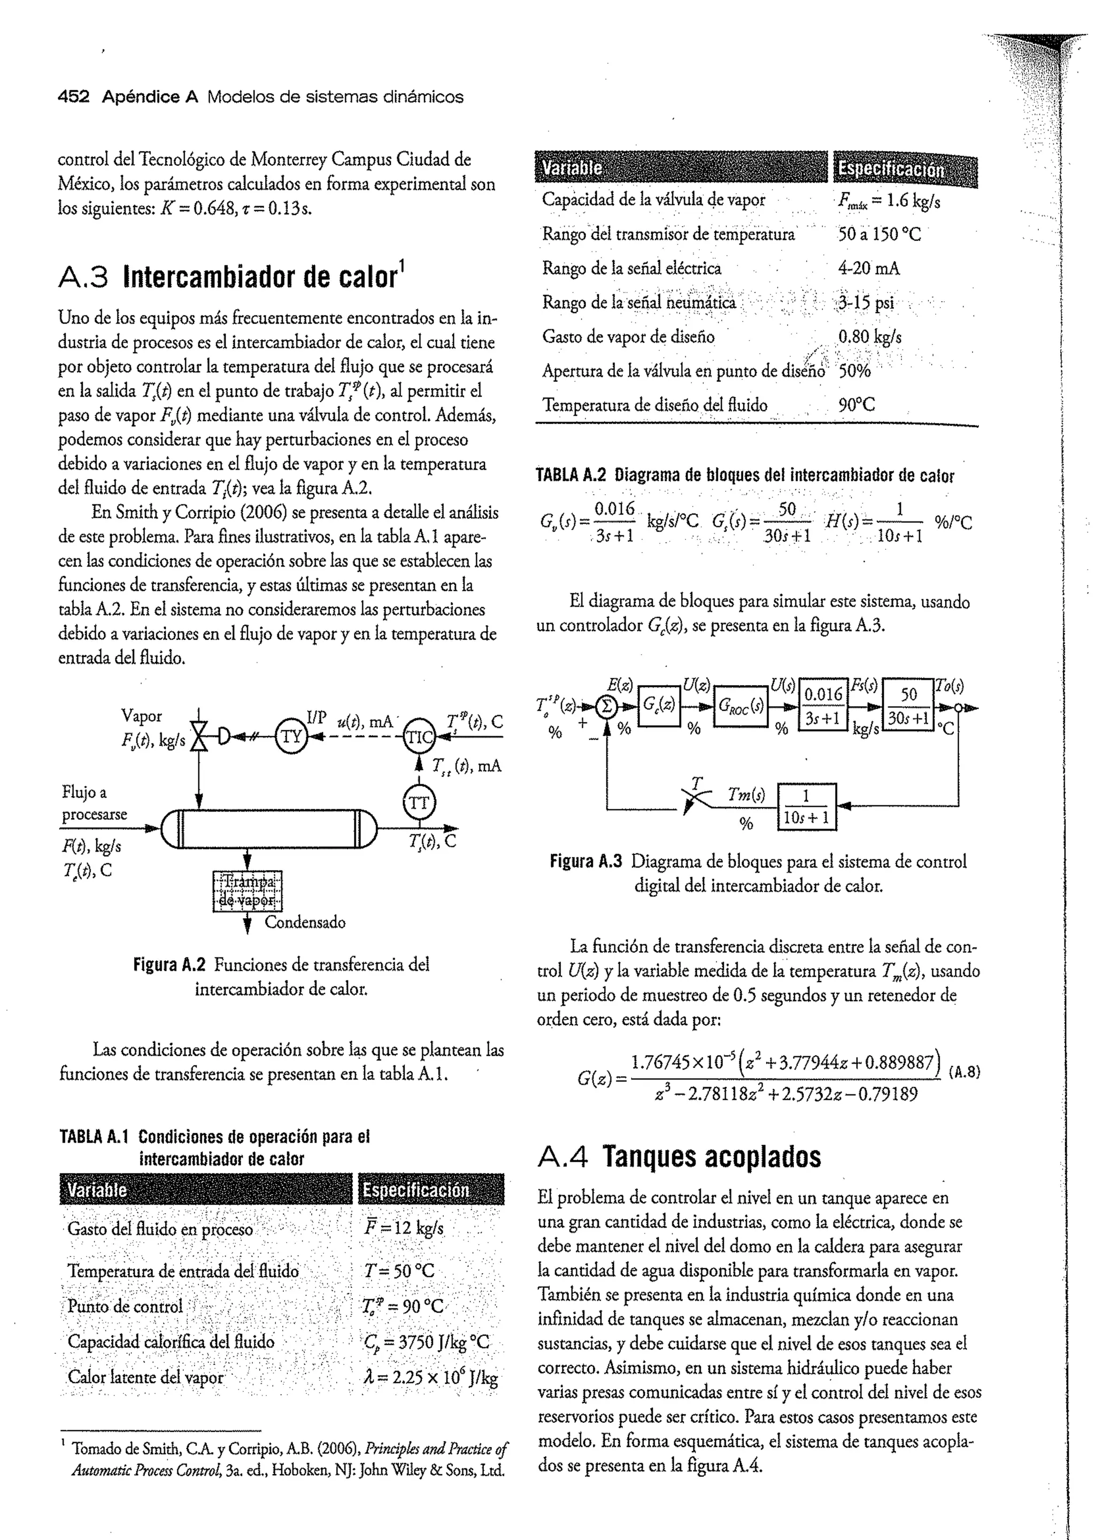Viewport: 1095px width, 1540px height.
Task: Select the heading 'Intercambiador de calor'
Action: pos(263,277)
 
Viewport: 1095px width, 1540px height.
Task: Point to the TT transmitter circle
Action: pos(419,803)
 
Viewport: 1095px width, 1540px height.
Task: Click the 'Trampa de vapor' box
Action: pos(248,891)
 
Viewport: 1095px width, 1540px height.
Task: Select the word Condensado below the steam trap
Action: pos(305,922)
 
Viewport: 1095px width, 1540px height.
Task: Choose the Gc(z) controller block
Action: pos(659,706)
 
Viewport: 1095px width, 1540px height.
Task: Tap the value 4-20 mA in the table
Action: pos(868,269)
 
